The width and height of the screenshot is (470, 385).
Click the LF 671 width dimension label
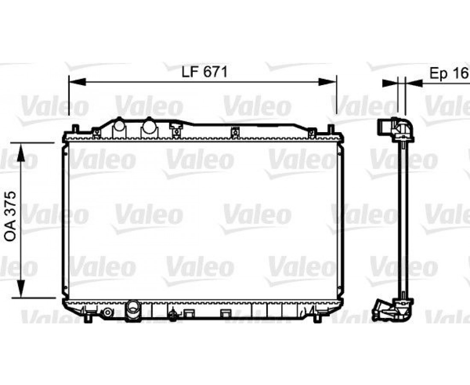(205, 72)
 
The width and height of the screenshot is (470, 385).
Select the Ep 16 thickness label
(449, 73)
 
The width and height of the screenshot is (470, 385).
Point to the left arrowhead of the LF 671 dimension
(77, 82)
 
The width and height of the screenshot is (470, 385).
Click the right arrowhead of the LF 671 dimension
(328, 82)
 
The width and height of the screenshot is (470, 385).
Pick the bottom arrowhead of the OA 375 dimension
(21, 289)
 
